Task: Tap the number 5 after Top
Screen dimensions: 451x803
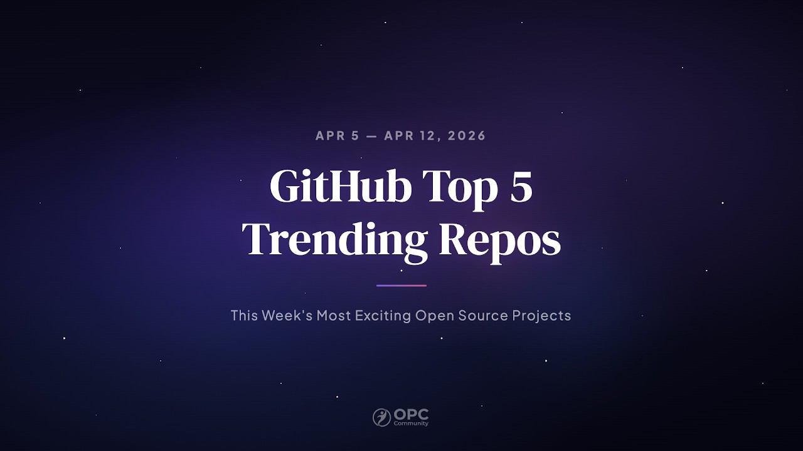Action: (x=521, y=187)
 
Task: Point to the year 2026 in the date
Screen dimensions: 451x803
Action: (x=467, y=136)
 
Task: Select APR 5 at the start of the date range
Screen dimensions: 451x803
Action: (x=337, y=136)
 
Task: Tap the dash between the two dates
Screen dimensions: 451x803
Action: (x=371, y=136)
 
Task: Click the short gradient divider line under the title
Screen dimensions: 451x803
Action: (x=401, y=286)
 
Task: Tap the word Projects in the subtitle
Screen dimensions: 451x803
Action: (x=541, y=315)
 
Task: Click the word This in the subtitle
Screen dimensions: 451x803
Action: (x=244, y=315)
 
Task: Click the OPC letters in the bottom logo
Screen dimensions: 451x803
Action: (x=412, y=415)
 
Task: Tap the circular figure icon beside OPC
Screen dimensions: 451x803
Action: (x=381, y=417)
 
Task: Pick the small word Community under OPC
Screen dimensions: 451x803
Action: (x=411, y=424)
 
